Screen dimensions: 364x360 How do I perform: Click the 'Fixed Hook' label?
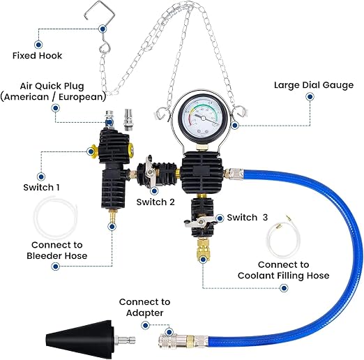pos(37,56)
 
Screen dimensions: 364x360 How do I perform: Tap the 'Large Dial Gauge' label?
pos(314,85)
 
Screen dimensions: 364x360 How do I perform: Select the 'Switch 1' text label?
pos(41,188)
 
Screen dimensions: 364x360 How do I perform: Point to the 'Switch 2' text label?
pos(156,202)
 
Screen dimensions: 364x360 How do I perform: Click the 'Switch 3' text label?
pos(248,218)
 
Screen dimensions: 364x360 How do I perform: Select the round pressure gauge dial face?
pos(203,118)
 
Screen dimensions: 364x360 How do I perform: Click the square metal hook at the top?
pos(100,10)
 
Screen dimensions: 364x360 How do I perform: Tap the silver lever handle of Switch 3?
pos(197,222)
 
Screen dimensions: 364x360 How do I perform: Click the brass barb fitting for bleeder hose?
pos(113,215)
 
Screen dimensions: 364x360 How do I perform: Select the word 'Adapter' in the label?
pos(144,313)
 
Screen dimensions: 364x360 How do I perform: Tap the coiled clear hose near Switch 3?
pos(282,238)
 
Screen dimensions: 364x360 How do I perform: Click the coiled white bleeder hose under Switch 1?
pos(56,218)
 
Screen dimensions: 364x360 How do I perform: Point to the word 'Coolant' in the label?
pos(256,276)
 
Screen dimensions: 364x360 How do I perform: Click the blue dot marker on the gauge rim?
pos(235,126)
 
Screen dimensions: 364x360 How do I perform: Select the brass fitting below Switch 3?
pos(203,250)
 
